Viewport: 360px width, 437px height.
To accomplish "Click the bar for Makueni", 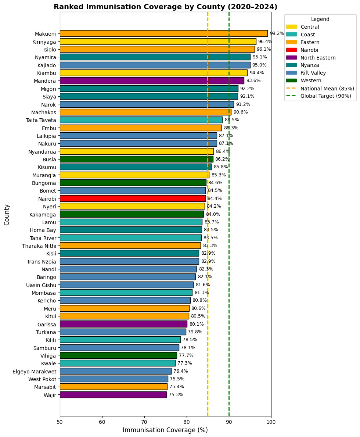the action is click(164, 34).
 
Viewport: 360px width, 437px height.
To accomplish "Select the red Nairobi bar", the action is click(133, 198).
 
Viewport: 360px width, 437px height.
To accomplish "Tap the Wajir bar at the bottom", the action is click(113, 395).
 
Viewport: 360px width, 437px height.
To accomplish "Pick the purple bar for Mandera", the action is click(152, 81).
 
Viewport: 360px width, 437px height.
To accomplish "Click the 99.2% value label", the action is click(277, 34).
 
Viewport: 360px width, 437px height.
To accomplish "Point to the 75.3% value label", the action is click(176, 395).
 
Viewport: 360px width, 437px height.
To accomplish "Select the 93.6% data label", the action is click(253, 80).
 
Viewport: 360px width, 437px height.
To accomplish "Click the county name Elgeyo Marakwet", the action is click(34, 372).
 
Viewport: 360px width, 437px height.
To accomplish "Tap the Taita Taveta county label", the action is click(41, 120).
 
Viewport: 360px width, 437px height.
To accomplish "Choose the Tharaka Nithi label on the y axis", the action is click(39, 246).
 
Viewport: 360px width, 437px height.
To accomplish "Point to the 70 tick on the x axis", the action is click(144, 422).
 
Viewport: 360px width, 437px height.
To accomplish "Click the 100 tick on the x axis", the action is click(271, 422).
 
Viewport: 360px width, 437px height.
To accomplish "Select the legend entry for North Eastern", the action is click(311, 58).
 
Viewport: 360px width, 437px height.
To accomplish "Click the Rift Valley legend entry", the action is click(306, 73).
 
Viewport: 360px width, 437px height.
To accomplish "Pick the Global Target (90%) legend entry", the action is click(319, 96).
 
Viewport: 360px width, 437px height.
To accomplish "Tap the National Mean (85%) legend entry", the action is click(320, 89).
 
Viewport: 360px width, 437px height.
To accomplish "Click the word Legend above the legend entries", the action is click(320, 19).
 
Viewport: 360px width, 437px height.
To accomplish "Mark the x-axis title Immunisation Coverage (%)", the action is click(165, 430).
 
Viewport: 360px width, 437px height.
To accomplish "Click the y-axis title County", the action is click(7, 215).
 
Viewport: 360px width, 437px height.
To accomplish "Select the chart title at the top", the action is click(166, 7).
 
